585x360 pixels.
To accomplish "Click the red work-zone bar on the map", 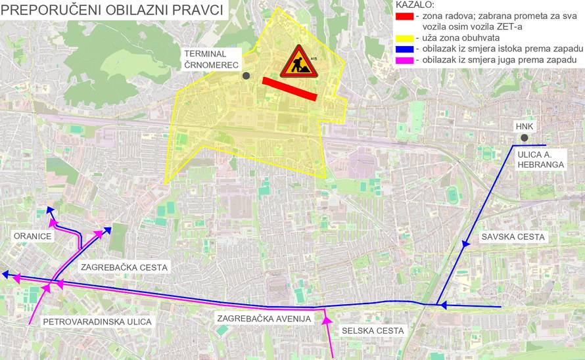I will (289, 89).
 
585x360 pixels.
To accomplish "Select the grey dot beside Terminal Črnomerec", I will (246, 76).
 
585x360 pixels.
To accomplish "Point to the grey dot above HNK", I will (524, 137).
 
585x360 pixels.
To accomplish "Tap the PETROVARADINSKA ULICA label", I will (97, 322).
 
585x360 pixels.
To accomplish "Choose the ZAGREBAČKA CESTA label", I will (124, 267).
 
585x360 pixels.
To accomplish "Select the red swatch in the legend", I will (404, 15).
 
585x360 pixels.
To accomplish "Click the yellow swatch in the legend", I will (404, 37).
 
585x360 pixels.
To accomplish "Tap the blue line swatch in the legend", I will (404, 49).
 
